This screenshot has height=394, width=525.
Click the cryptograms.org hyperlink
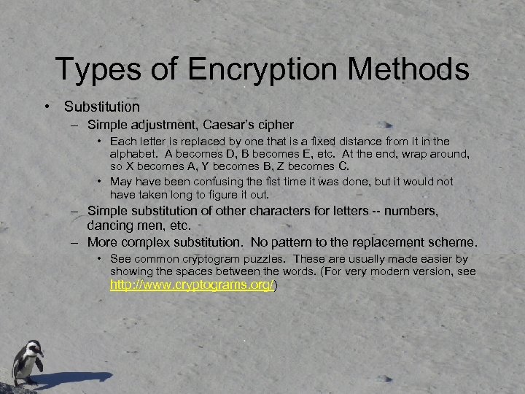pyautogui.click(x=192, y=285)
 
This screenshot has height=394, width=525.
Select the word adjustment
pyautogui.click(x=158, y=125)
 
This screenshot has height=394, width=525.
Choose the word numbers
pyautogui.click(x=411, y=211)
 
